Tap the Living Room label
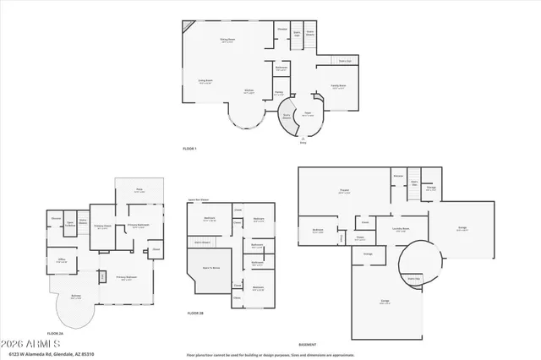tap(205, 81)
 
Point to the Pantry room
tap(279, 93)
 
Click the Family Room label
tap(337, 85)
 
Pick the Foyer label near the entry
tap(309, 113)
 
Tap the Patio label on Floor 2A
tap(139, 189)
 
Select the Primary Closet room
tap(102, 226)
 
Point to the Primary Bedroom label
tap(126, 278)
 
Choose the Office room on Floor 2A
tap(62, 260)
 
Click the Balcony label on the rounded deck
tap(76, 297)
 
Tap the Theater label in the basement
tap(344, 192)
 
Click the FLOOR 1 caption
tap(189, 148)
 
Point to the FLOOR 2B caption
tap(195, 314)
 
